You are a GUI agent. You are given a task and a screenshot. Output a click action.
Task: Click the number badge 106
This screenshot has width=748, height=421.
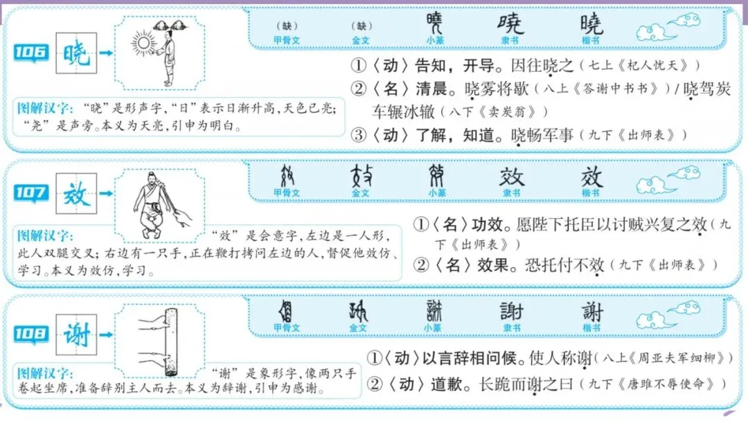tap(31, 52)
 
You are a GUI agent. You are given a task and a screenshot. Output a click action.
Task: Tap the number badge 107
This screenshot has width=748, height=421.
tap(31, 192)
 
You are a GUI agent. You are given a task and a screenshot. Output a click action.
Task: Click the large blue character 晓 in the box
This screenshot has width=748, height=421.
tap(76, 53)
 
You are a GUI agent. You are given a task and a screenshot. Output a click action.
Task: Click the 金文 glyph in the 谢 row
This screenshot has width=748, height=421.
tap(359, 313)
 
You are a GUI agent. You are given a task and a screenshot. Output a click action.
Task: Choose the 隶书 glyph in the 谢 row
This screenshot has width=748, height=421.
tap(511, 313)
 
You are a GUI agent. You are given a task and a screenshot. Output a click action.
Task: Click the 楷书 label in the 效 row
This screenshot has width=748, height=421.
tap(591, 192)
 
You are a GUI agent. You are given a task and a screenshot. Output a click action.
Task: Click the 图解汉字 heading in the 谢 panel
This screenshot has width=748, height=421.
tap(42, 372)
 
